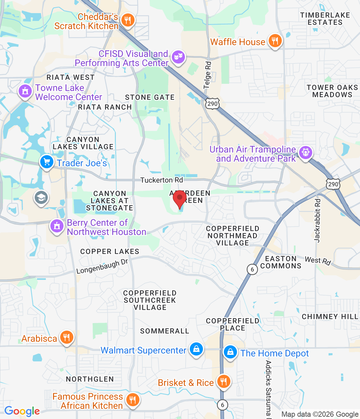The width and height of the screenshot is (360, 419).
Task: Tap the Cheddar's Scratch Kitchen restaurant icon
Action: coord(128,21)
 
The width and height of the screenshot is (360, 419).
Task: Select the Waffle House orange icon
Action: coord(275,41)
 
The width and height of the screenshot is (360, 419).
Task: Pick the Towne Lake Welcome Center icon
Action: coord(25,91)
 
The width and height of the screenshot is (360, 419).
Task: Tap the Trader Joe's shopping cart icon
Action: coord(47,162)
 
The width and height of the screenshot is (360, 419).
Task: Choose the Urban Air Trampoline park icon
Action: coord(305,153)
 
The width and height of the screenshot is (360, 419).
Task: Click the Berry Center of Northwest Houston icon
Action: coord(57,226)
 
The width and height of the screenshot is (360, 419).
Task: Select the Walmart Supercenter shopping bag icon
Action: coord(196,349)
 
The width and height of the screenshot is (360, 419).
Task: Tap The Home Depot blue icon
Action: coord(230,353)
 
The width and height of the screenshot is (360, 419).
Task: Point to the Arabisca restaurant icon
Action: coord(66,337)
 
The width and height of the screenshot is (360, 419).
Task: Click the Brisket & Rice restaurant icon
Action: coord(224,381)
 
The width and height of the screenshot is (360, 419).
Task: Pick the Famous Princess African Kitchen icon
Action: coord(132,400)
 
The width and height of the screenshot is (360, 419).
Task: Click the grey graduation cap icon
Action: coord(41,197)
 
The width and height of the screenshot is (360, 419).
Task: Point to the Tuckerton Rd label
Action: coord(162,180)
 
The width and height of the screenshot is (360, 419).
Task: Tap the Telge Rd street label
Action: coord(207,75)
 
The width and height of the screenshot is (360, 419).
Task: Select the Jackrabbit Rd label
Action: coord(317,220)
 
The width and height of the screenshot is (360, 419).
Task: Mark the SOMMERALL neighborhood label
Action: coord(165,331)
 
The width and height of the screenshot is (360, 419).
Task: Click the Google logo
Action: coord(22,411)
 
